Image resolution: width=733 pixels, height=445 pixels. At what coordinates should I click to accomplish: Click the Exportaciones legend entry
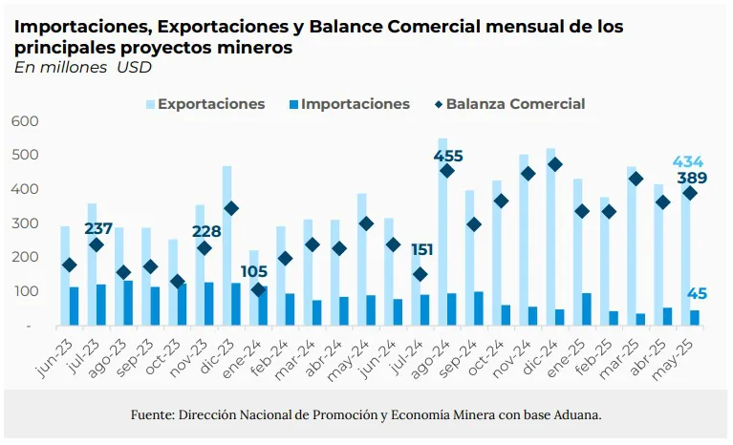pyautogui.click(x=211, y=104)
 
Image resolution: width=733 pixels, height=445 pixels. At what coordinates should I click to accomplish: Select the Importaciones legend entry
pyautogui.click(x=355, y=104)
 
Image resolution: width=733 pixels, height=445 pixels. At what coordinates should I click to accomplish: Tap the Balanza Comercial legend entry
pyautogui.click(x=515, y=104)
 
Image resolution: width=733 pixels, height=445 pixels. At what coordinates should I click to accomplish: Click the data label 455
pyautogui.click(x=448, y=156)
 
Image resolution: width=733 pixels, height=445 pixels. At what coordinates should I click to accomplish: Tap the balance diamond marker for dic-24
pyautogui.click(x=555, y=164)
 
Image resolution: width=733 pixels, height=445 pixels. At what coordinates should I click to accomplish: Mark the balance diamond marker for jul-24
pyautogui.click(x=420, y=274)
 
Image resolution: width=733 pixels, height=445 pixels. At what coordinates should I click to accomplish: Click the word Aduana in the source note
pyautogui.click(x=573, y=415)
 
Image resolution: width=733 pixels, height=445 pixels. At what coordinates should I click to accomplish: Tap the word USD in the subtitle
pyautogui.click(x=134, y=67)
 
